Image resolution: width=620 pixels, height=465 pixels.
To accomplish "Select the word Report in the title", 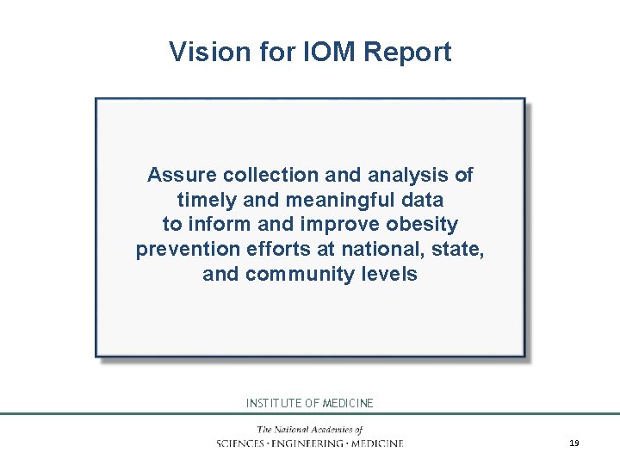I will click(x=407, y=52).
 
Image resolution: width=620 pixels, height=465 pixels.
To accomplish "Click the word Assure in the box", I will click(x=182, y=175).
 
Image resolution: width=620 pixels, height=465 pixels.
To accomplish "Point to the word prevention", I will click(x=184, y=250).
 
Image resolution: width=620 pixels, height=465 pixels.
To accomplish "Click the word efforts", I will click(x=273, y=250).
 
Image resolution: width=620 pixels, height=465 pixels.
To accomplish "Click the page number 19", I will click(x=573, y=443).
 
